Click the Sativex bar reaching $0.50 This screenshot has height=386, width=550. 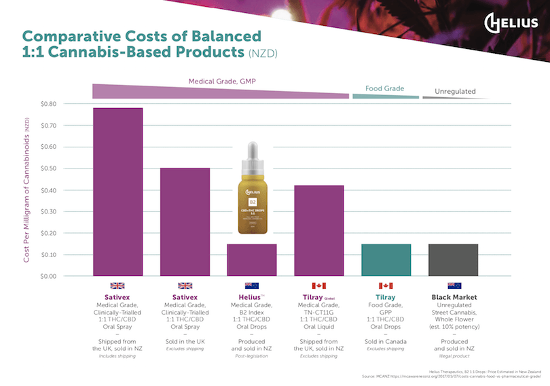185,222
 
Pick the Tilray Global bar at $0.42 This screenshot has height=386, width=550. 318,230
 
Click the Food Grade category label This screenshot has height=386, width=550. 384,88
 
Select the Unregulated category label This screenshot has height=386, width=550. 455,91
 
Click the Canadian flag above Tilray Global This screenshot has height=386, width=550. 318,286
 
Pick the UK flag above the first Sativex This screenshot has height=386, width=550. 117,286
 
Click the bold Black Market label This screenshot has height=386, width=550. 454,297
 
